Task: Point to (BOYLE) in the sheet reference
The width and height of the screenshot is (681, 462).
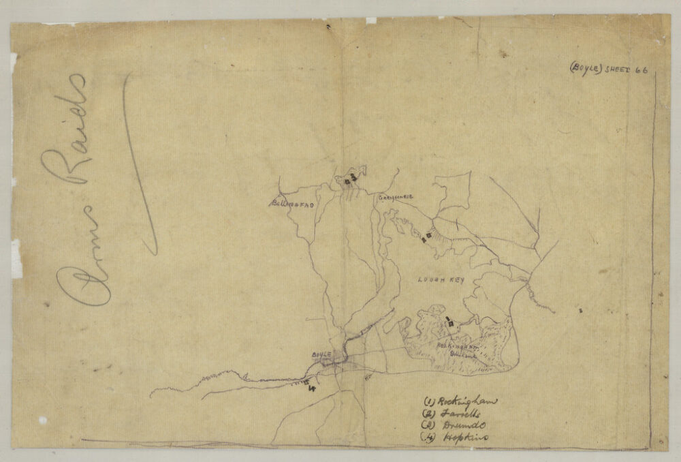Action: tap(586, 67)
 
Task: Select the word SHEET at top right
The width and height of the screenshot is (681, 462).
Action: tap(616, 69)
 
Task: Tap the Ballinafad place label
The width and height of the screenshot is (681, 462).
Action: tap(291, 203)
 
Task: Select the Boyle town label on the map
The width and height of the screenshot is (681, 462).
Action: tap(320, 355)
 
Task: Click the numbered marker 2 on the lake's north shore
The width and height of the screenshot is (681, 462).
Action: tap(428, 236)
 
